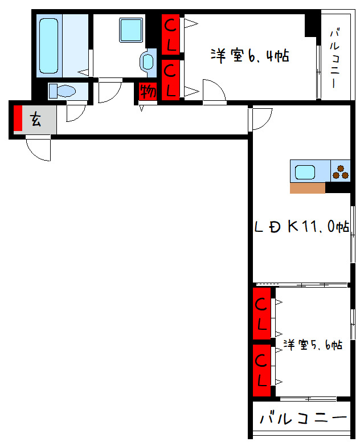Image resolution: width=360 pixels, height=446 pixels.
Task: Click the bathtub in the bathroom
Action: [48, 45]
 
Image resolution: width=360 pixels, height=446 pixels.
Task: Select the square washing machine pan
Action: [131, 30]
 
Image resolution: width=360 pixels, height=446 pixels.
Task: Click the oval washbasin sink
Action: [148, 61]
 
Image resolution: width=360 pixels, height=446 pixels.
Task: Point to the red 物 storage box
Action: [148, 91]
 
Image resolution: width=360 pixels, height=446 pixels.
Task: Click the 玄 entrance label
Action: [36, 120]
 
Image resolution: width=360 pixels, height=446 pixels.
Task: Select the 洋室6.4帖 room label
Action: [249, 56]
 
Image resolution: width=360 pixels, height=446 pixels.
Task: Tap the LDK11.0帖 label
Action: [301, 227]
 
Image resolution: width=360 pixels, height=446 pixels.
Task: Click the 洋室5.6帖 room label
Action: [313, 345]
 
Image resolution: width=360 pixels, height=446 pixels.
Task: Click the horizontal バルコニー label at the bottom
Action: [303, 419]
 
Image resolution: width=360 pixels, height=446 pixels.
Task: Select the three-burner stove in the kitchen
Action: [341, 171]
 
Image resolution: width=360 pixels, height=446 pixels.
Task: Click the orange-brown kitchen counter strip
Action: [308, 188]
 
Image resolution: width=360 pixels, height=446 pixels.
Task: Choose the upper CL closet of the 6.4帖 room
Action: [171, 34]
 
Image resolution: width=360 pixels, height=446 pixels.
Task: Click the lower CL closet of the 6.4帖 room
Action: [171, 80]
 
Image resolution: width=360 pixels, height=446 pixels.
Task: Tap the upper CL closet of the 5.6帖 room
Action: [261, 314]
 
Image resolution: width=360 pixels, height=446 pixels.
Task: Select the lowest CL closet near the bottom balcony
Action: [261, 369]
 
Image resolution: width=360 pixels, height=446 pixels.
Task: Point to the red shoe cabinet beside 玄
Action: [18, 118]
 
